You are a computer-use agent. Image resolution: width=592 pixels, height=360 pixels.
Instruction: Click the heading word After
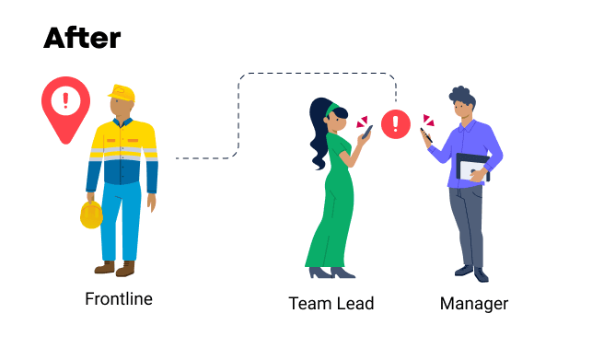click(x=82, y=37)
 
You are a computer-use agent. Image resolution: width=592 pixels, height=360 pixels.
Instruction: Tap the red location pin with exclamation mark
click(x=65, y=104)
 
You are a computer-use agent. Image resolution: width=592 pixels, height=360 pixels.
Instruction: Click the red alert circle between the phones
click(x=396, y=124)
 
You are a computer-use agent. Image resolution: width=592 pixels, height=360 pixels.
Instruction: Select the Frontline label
click(x=119, y=299)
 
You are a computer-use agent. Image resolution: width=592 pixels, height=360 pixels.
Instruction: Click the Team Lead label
click(x=331, y=303)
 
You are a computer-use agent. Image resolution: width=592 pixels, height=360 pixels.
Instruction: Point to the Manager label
click(x=473, y=303)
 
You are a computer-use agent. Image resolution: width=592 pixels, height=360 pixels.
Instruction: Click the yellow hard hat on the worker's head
click(x=122, y=92)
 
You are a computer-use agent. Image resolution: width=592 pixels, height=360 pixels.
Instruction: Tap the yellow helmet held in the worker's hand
click(x=91, y=215)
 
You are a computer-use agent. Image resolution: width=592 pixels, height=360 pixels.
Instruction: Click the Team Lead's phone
click(x=366, y=132)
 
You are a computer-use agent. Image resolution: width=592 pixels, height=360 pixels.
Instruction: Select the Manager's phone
click(x=425, y=135)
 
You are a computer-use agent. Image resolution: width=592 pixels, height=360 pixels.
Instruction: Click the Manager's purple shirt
click(x=469, y=147)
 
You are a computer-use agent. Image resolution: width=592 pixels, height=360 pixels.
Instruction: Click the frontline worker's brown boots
click(x=114, y=268)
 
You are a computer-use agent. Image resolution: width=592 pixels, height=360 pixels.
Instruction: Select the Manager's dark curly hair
click(x=461, y=95)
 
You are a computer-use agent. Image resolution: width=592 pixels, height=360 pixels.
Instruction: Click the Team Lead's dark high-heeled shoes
click(x=331, y=273)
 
